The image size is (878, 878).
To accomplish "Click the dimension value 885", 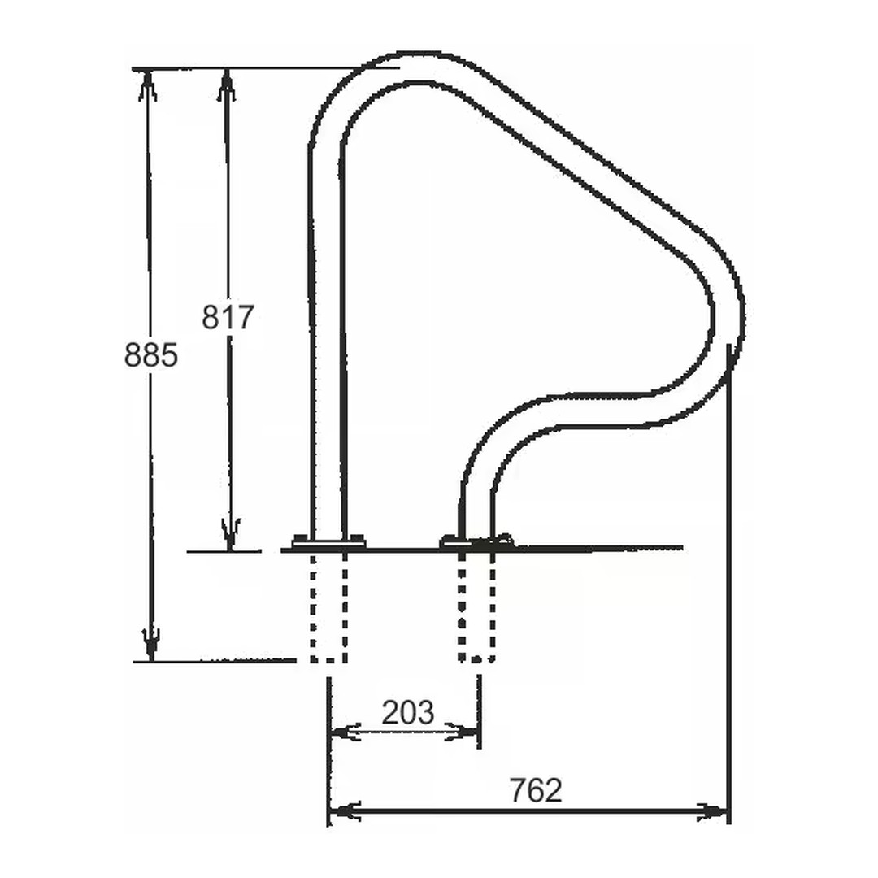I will tap(150, 354).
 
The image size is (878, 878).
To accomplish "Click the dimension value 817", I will tap(228, 317).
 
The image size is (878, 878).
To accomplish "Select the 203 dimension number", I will tap(408, 712).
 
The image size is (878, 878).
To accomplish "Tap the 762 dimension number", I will tap(535, 789).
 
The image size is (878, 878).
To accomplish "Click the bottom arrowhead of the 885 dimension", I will tap(149, 645).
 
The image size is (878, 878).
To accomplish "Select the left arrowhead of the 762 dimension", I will tap(346, 811).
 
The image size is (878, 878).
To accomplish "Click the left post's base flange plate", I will tap(328, 541).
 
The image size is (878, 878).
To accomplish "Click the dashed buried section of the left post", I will tap(328, 606).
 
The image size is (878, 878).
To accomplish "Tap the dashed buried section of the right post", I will tap(476, 606).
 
